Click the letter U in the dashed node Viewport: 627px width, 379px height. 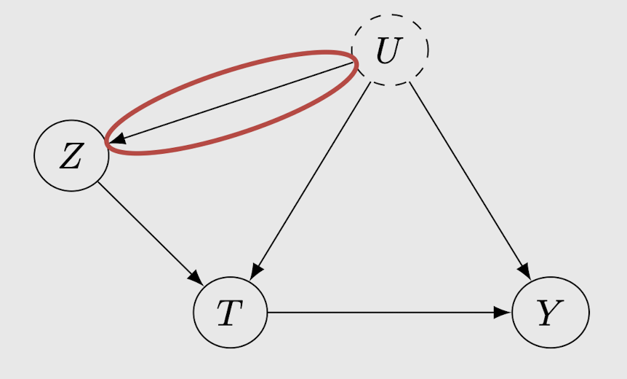click(x=388, y=52)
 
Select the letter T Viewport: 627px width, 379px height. click(x=228, y=314)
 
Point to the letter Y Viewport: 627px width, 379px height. click(x=549, y=314)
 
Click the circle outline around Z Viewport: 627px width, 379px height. click(x=35, y=156)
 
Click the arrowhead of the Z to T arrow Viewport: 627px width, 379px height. click(x=196, y=278)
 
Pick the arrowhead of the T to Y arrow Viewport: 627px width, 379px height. click(x=503, y=312)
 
